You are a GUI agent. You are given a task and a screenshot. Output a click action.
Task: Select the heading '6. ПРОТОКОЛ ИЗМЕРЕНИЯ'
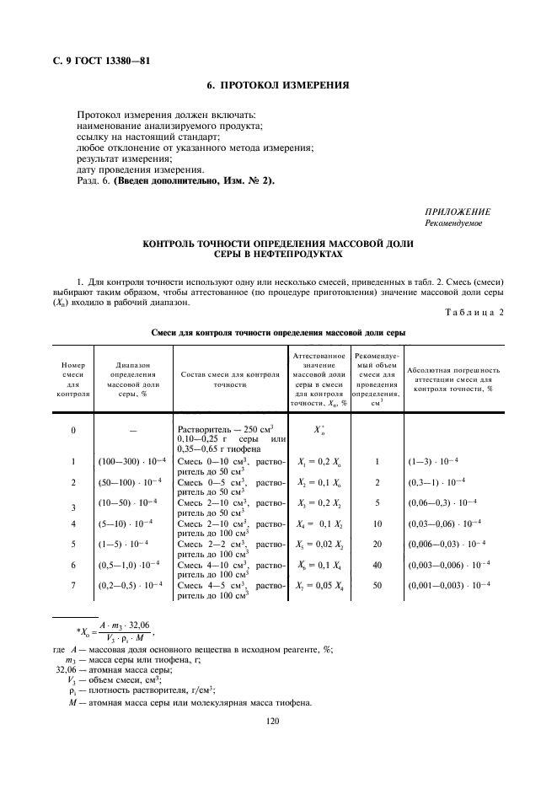click(x=278, y=86)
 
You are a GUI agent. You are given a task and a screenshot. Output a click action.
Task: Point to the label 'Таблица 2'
click(x=473, y=313)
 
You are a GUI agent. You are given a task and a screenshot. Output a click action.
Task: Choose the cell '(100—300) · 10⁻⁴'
click(x=129, y=462)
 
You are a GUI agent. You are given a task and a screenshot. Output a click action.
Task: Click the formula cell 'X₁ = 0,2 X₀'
click(x=320, y=461)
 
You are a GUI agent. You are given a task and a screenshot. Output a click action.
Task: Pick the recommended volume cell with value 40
click(x=378, y=564)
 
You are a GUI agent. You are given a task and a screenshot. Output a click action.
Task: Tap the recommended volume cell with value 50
click(x=378, y=584)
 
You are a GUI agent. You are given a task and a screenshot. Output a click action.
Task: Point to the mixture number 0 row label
click(x=72, y=430)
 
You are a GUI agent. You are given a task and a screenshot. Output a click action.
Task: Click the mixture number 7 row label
click(x=72, y=584)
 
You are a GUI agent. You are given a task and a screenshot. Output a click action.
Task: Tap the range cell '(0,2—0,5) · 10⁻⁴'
click(x=129, y=584)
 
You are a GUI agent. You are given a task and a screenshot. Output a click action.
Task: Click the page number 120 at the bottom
click(x=271, y=722)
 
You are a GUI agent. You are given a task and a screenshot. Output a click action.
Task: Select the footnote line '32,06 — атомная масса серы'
click(x=112, y=670)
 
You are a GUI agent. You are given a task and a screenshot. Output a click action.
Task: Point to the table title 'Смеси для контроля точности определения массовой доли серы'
click(x=278, y=333)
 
